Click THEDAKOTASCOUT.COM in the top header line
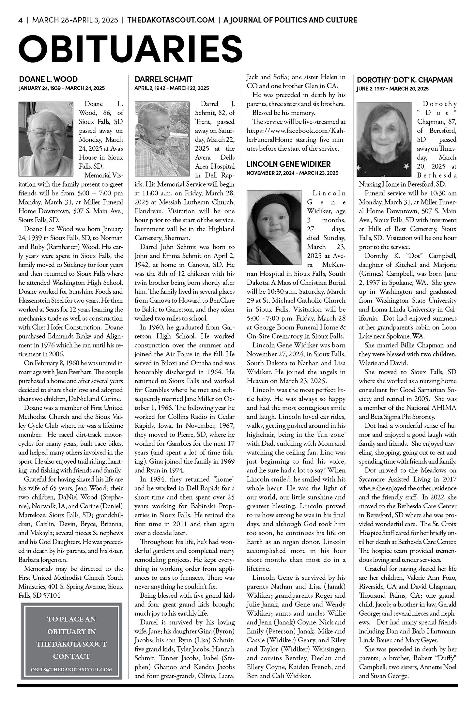click(x=171, y=20)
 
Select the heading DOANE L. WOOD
click(x=48, y=79)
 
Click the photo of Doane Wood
click(x=46, y=139)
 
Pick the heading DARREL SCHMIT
click(x=163, y=79)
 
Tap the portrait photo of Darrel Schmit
click(x=162, y=139)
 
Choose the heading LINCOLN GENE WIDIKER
click(x=288, y=164)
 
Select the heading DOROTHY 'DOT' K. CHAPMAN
click(x=405, y=80)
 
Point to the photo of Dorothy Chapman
click(x=386, y=140)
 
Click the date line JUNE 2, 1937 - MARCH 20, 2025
click(x=393, y=89)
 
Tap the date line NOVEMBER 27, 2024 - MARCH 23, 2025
click(x=292, y=173)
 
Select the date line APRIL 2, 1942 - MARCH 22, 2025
click(x=172, y=88)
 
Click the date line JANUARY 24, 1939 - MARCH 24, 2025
click(x=62, y=88)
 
